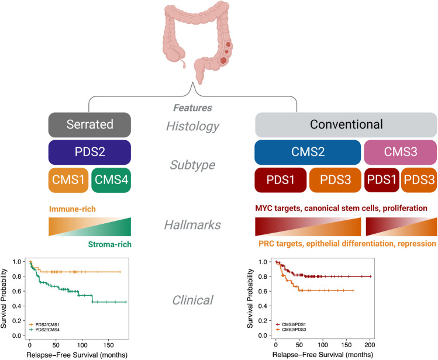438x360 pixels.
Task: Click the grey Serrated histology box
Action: pos(89,124)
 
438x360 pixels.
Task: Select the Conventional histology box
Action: pos(346,124)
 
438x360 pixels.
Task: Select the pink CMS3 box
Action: pos(401,153)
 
